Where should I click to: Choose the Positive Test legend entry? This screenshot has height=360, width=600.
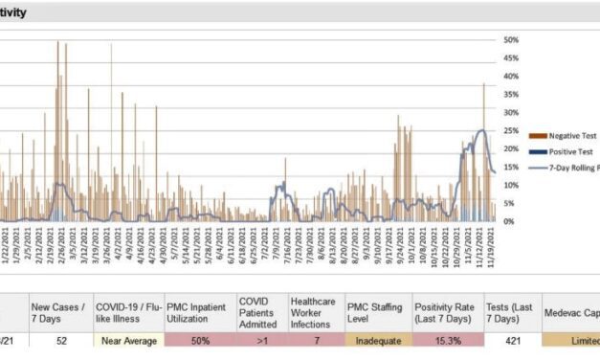pyautogui.click(x=559, y=152)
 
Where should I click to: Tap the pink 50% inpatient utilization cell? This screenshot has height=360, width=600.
pyautogui.click(x=199, y=340)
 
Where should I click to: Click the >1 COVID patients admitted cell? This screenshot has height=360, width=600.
pyautogui.click(x=260, y=340)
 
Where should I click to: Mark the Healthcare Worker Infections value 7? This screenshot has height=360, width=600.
pyautogui.click(x=316, y=340)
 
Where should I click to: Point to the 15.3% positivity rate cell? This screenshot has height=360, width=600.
pyautogui.click(x=448, y=340)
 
